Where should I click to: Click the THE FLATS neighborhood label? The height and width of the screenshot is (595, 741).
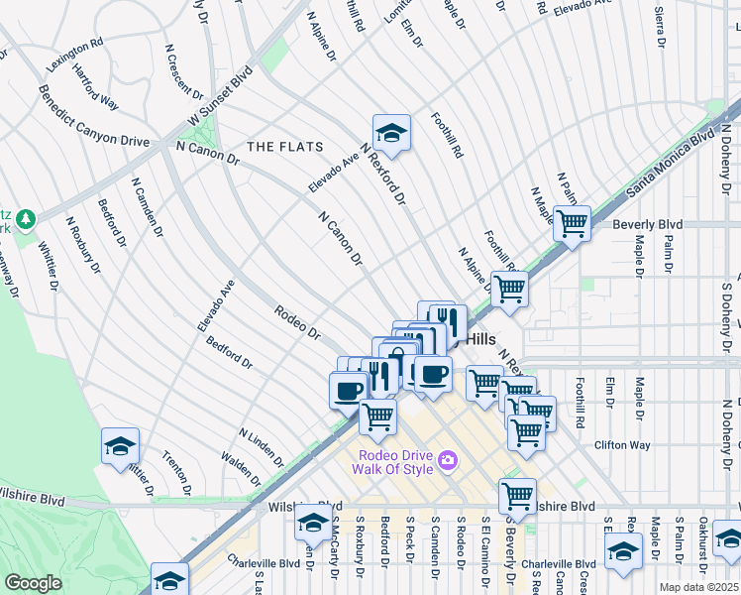point(284,147)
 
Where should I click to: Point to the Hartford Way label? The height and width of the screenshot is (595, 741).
point(95,88)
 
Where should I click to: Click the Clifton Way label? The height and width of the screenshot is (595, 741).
point(623,445)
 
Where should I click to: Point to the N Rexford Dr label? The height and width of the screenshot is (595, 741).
point(384,174)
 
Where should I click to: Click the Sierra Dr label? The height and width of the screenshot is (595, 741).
point(659,31)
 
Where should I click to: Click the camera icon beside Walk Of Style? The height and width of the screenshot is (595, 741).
point(448,459)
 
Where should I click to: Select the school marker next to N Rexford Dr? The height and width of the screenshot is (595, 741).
point(391,134)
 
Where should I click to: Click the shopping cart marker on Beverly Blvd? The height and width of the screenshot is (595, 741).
point(572,223)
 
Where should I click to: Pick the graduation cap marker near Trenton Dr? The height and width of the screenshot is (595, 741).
point(120,447)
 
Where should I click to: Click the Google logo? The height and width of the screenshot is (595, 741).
point(33,583)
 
